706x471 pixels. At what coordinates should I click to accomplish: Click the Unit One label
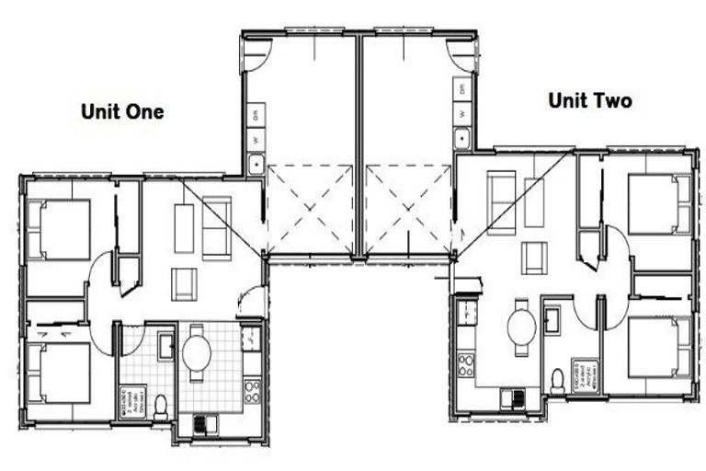point(122,112)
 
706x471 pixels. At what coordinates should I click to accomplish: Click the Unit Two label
point(589,101)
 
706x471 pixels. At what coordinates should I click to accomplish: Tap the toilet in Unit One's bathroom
point(161,405)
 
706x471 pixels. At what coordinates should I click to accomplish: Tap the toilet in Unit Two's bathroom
point(557,379)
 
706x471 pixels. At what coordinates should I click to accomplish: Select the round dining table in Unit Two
point(521,325)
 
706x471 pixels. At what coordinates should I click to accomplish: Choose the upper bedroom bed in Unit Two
point(658,203)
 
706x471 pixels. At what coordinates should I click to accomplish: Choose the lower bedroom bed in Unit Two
point(658,346)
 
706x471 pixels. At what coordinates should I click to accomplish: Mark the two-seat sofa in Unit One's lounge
point(217,227)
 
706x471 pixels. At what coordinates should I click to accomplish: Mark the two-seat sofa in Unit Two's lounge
point(501,202)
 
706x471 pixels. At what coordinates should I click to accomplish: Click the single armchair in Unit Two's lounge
point(534,258)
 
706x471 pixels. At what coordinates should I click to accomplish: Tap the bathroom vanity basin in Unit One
point(165,346)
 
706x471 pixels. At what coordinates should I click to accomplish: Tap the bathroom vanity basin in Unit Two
point(553,320)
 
